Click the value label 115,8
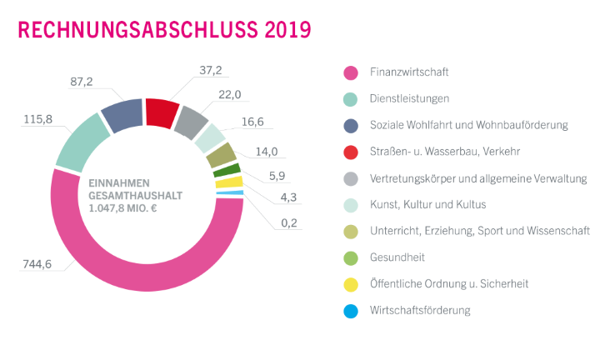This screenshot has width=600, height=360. click(x=37, y=120)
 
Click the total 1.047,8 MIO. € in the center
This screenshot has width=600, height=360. click(x=122, y=208)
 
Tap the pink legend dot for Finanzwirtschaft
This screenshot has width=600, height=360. click(x=351, y=73)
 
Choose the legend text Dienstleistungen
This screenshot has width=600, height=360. click(x=410, y=99)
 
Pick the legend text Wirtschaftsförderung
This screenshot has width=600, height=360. click(x=420, y=311)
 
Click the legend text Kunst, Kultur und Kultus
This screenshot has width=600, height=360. click(x=427, y=205)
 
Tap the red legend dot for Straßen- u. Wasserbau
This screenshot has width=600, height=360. click(x=351, y=152)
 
